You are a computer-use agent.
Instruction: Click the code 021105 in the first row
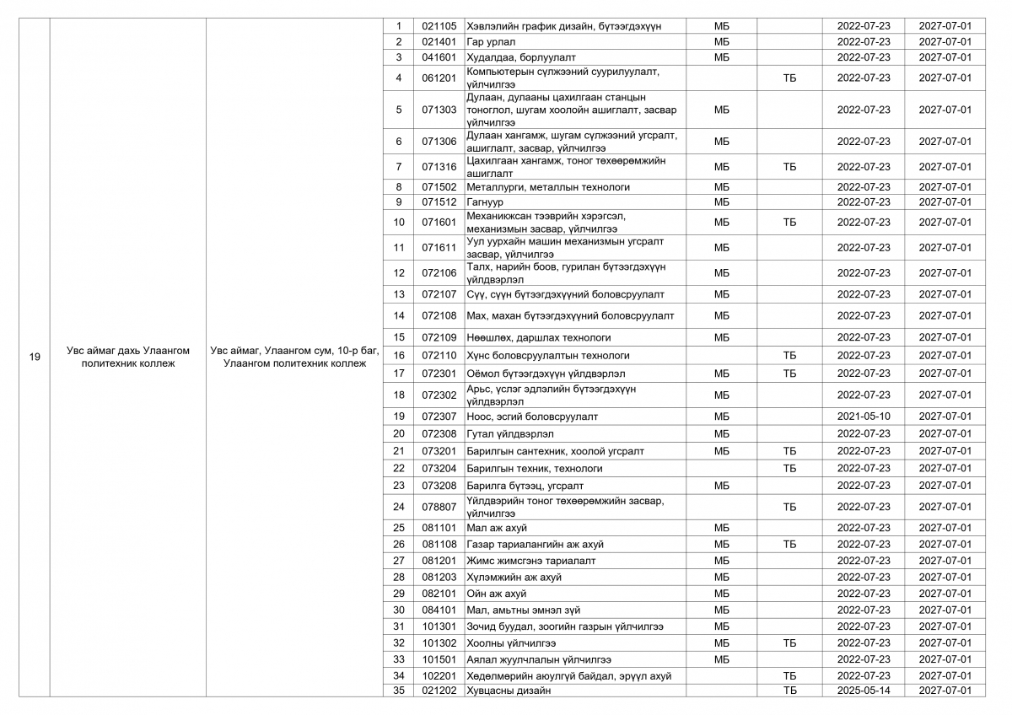(x=439, y=26)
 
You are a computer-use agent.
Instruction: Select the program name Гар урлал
(x=491, y=41)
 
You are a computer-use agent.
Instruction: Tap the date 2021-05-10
(x=863, y=417)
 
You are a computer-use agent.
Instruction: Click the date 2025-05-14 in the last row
(x=863, y=691)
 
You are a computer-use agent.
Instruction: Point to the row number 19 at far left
(x=35, y=357)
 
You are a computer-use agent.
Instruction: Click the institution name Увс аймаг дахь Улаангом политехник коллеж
(x=128, y=357)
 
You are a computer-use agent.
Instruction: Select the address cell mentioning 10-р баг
(x=295, y=357)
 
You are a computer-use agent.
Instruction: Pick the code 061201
(x=439, y=78)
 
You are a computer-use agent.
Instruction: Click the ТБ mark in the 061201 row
(x=789, y=78)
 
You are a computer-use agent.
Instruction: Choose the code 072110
(x=439, y=356)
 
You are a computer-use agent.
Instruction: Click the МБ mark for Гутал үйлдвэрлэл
(x=722, y=434)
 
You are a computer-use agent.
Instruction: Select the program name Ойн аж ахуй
(x=497, y=594)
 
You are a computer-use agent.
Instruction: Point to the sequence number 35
(x=399, y=691)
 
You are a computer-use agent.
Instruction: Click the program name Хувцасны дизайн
(x=509, y=691)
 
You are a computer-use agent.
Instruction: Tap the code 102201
(x=439, y=676)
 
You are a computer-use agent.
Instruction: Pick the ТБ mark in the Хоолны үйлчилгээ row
(x=789, y=643)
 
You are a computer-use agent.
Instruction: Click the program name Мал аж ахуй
(x=497, y=528)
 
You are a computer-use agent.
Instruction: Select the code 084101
(x=439, y=610)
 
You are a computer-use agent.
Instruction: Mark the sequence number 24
(x=399, y=508)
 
